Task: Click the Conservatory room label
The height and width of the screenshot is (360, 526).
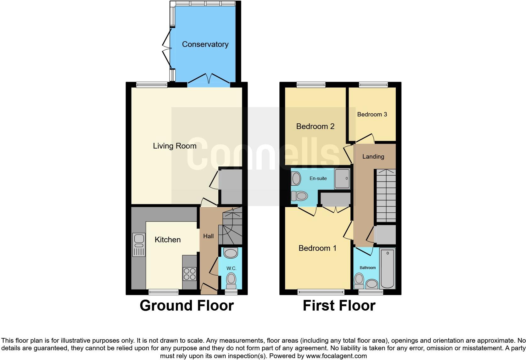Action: [205, 44]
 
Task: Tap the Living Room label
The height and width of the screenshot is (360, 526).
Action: [175, 146]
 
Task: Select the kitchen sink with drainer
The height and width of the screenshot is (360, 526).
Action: [139, 245]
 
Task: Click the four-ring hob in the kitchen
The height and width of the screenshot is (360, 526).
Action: [190, 273]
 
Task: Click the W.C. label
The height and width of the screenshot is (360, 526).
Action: [231, 268]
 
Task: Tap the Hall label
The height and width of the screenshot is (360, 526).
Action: [208, 236]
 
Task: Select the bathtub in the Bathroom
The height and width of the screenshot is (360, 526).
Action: [388, 268]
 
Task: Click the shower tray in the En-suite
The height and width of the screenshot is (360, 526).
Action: [342, 179]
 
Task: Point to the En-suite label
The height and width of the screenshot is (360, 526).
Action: [318, 178]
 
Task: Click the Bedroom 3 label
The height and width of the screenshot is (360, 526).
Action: [372, 115]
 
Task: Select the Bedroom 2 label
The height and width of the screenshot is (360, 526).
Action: [315, 127]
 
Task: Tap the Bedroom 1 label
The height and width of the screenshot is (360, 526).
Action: [317, 248]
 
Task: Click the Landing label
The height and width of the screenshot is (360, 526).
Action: [373, 157]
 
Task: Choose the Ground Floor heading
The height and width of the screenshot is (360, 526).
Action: [187, 306]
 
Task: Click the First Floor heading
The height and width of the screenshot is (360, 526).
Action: [339, 306]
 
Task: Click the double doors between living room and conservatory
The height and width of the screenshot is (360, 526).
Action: [209, 79]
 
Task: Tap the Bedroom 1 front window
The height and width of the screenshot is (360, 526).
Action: [321, 292]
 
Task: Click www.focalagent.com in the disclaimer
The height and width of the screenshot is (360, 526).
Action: [336, 356]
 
